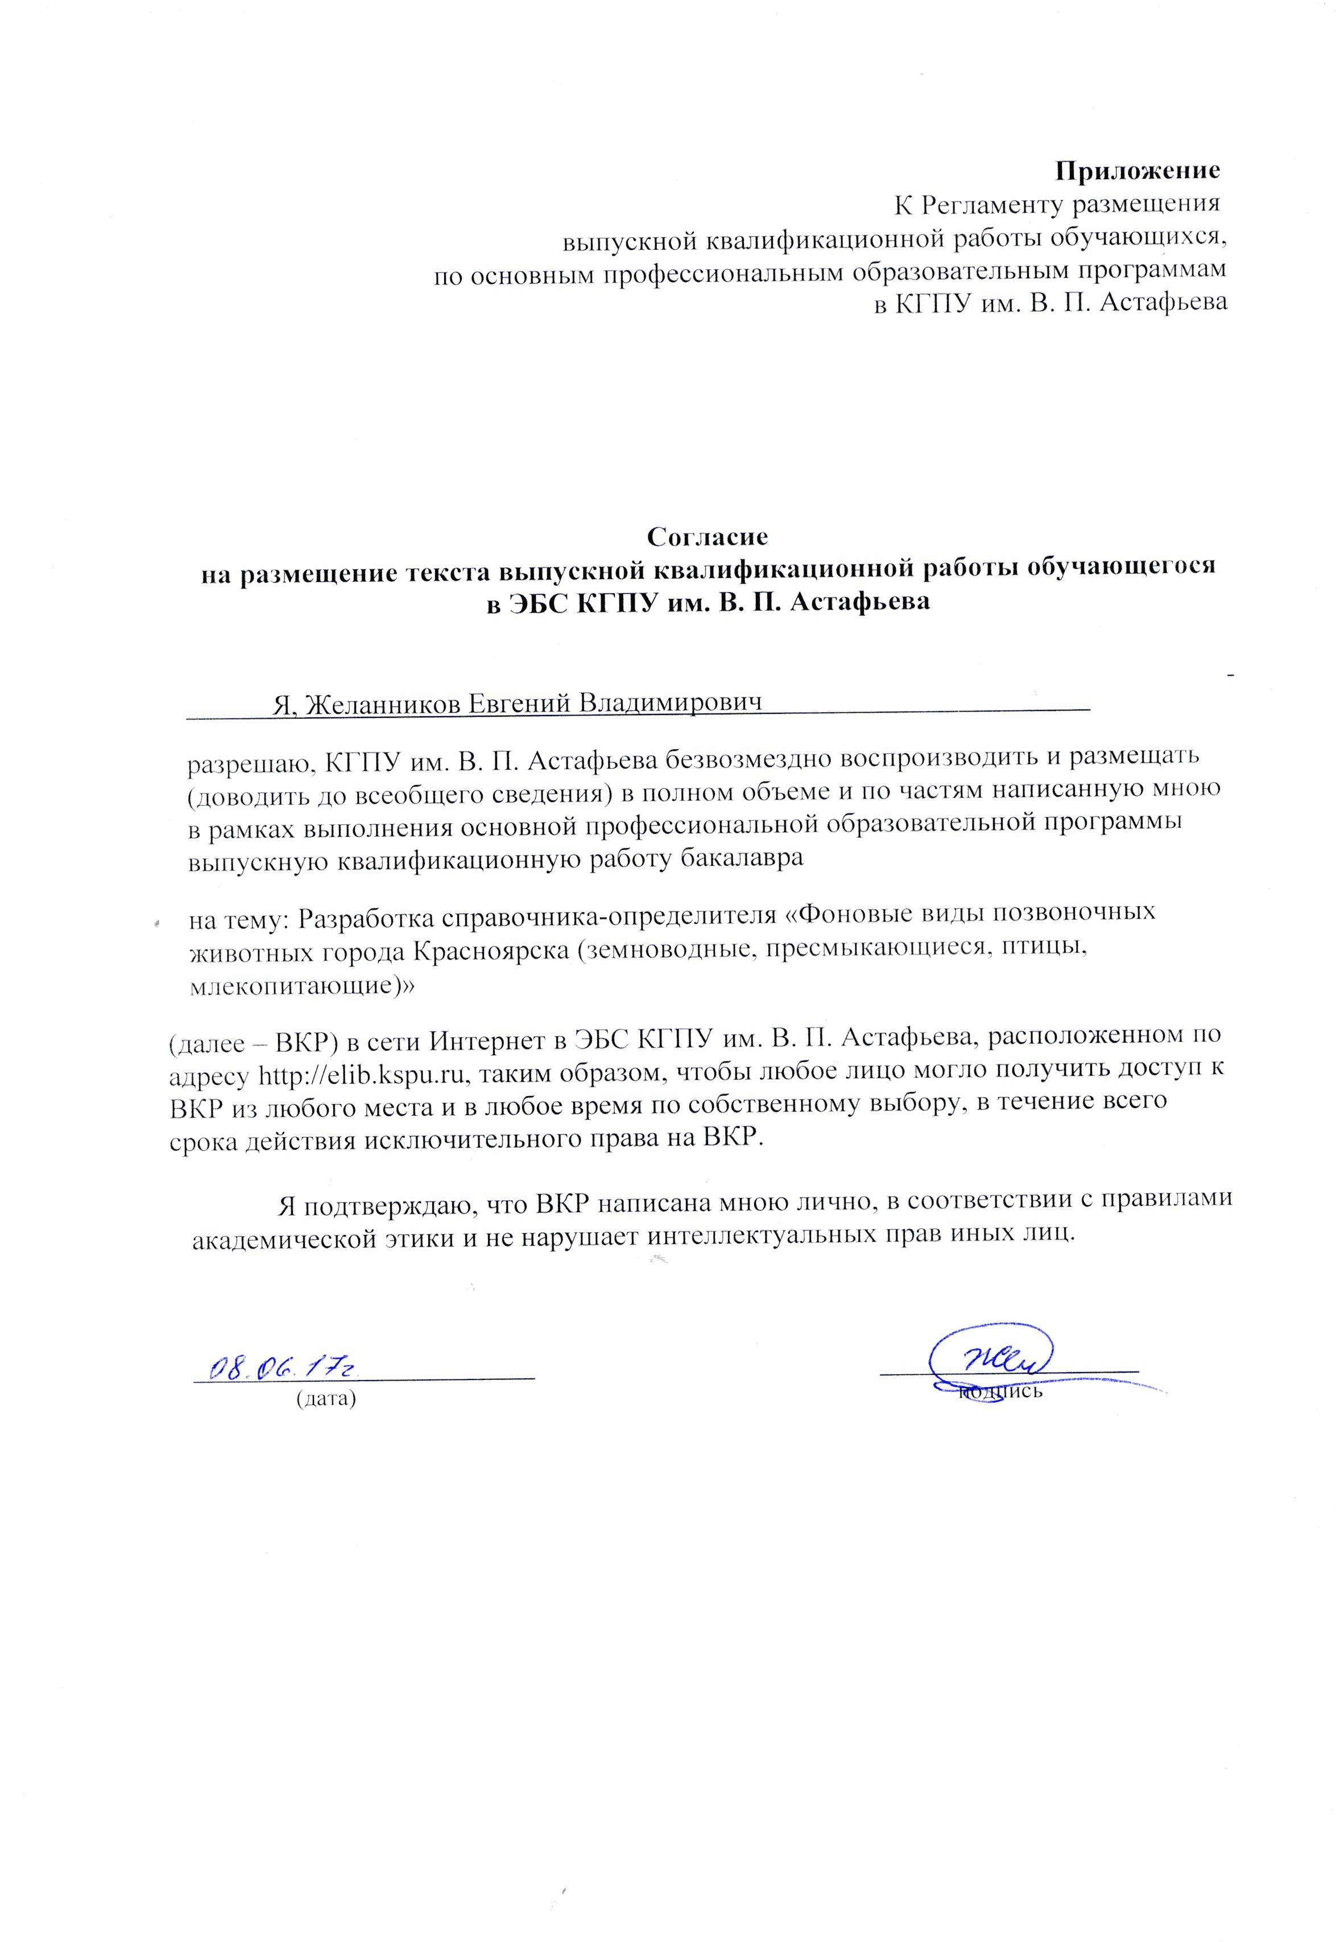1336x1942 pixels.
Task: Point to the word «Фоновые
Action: coord(853,914)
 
